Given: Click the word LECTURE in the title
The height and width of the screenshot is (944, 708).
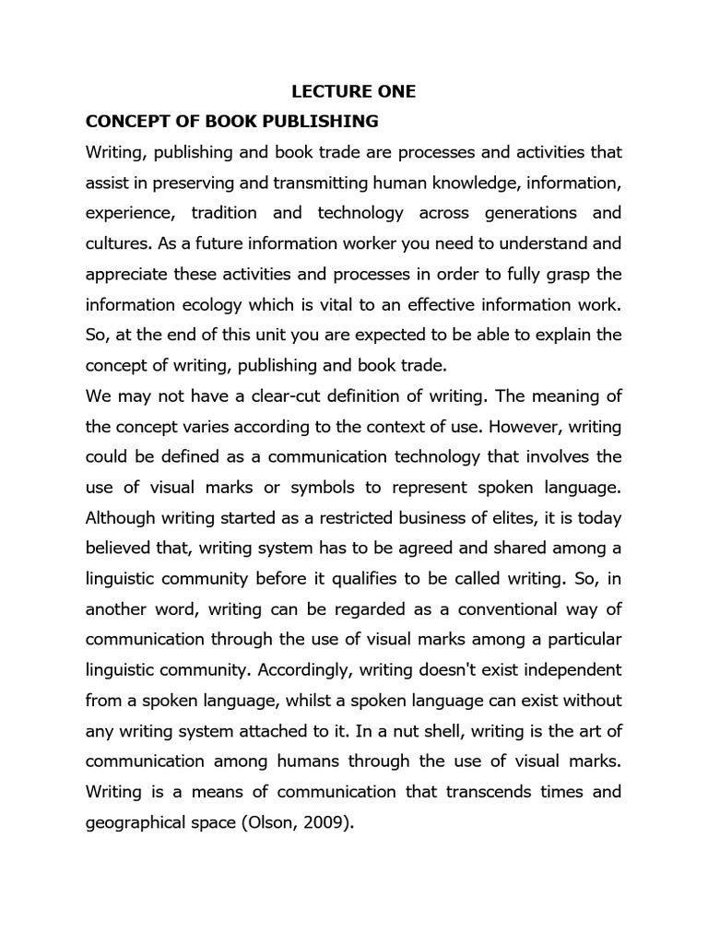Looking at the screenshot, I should (322, 91).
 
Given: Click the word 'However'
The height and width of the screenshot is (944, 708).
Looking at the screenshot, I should (529, 427).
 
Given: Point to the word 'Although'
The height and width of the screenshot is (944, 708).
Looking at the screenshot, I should (121, 518).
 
